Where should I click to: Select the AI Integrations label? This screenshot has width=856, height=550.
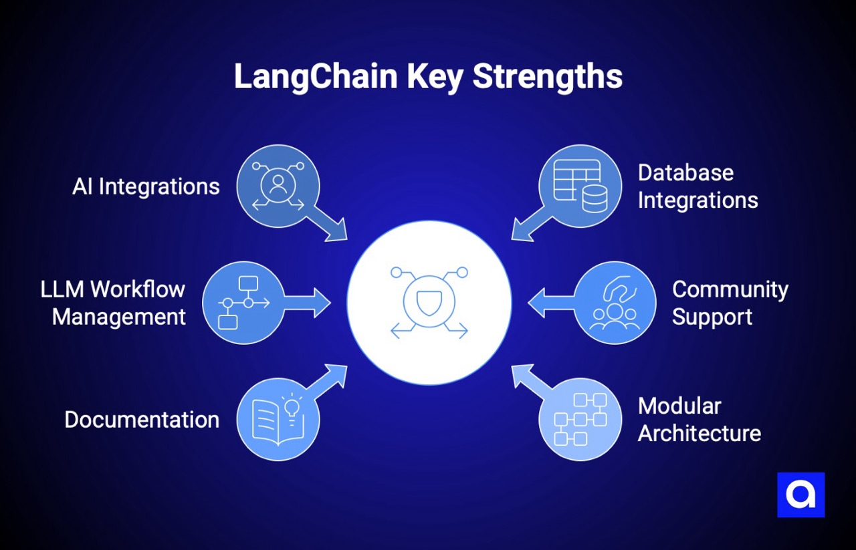point(146,186)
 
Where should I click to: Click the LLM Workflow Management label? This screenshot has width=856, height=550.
point(112,303)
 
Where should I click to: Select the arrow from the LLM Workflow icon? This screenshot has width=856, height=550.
point(309,303)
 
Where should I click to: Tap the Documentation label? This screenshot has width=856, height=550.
point(142,420)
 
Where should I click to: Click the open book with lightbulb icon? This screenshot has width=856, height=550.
point(278,420)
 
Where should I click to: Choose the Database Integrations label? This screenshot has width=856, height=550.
point(698,186)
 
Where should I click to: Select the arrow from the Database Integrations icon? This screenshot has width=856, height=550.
point(530,225)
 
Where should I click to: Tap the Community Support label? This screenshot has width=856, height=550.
point(730,303)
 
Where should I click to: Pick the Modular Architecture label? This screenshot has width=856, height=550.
point(699,420)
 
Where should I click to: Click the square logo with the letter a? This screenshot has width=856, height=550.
point(800,495)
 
